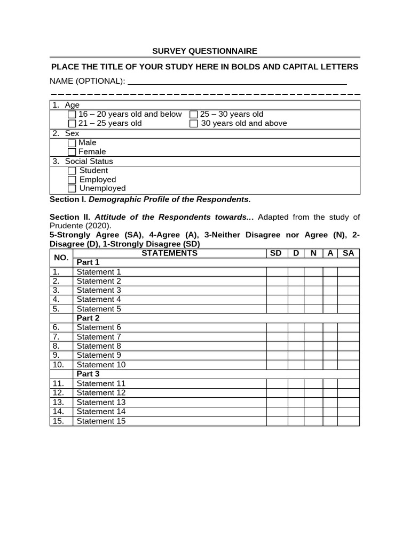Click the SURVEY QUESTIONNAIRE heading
[204, 51]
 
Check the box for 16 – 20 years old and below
[72, 115]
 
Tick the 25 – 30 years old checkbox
[194, 115]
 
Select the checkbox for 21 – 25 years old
[72, 124]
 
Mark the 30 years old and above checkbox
[194, 124]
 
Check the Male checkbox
[72, 143]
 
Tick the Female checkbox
[72, 152]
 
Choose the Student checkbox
[72, 171]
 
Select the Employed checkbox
[72, 180]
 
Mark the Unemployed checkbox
[72, 189]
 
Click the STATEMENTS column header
[169, 253]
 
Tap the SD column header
[276, 253]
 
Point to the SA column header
[348, 253]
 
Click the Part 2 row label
[88, 318]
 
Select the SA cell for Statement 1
[348, 272]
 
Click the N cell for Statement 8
[313, 346]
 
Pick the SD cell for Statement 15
[277, 421]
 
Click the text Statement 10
[101, 365]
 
